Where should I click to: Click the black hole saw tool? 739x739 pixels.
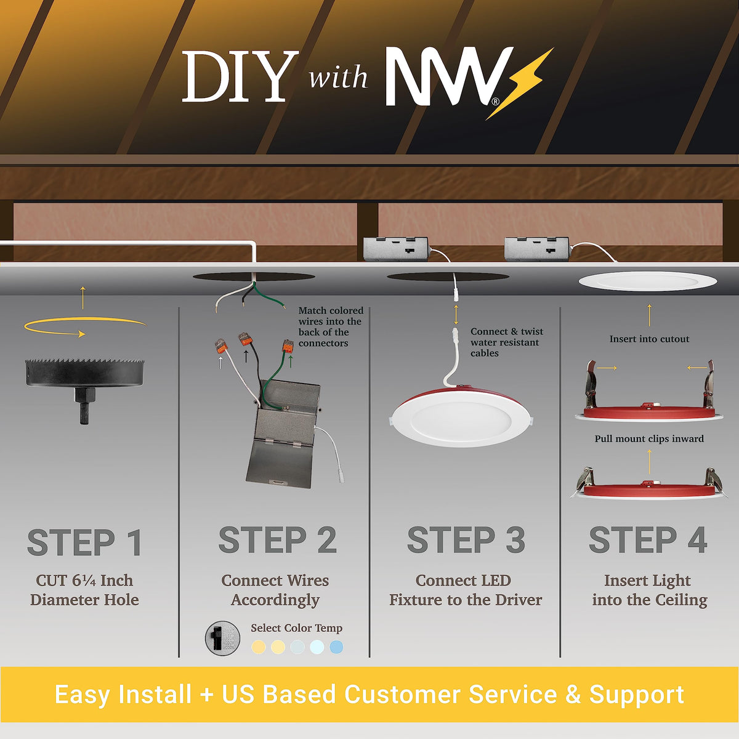tap(85, 387)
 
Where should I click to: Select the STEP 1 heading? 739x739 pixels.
tap(85, 542)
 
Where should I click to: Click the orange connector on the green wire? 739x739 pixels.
tap(288, 346)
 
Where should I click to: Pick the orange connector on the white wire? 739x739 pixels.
tap(221, 346)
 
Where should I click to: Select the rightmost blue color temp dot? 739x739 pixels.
tap(336, 647)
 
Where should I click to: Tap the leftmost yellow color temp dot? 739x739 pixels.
tap(259, 647)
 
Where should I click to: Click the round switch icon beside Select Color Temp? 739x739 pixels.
tap(222, 638)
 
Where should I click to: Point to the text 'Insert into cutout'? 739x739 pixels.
tap(649, 339)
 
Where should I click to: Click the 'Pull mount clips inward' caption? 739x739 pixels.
tap(649, 438)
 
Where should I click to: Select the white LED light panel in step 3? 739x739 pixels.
tap(461, 420)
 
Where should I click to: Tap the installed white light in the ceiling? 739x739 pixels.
tap(647, 281)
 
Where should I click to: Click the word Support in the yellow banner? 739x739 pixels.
tap(637, 695)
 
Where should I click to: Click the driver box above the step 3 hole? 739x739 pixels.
tap(396, 249)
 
